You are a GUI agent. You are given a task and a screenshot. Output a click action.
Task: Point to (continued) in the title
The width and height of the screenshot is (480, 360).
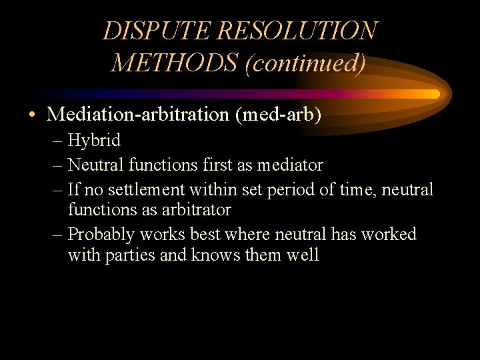tap(305, 63)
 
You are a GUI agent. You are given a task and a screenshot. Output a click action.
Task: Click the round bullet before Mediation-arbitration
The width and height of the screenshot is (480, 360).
tap(33, 115)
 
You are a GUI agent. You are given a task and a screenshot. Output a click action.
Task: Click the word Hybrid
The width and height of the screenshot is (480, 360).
tap(94, 141)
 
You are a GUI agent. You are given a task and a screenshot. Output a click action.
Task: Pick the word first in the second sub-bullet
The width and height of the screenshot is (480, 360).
tap(217, 165)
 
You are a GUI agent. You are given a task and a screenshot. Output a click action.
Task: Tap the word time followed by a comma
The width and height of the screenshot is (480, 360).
tap(357, 190)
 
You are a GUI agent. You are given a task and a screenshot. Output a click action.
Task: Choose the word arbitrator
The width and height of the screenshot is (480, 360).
tap(193, 210)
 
